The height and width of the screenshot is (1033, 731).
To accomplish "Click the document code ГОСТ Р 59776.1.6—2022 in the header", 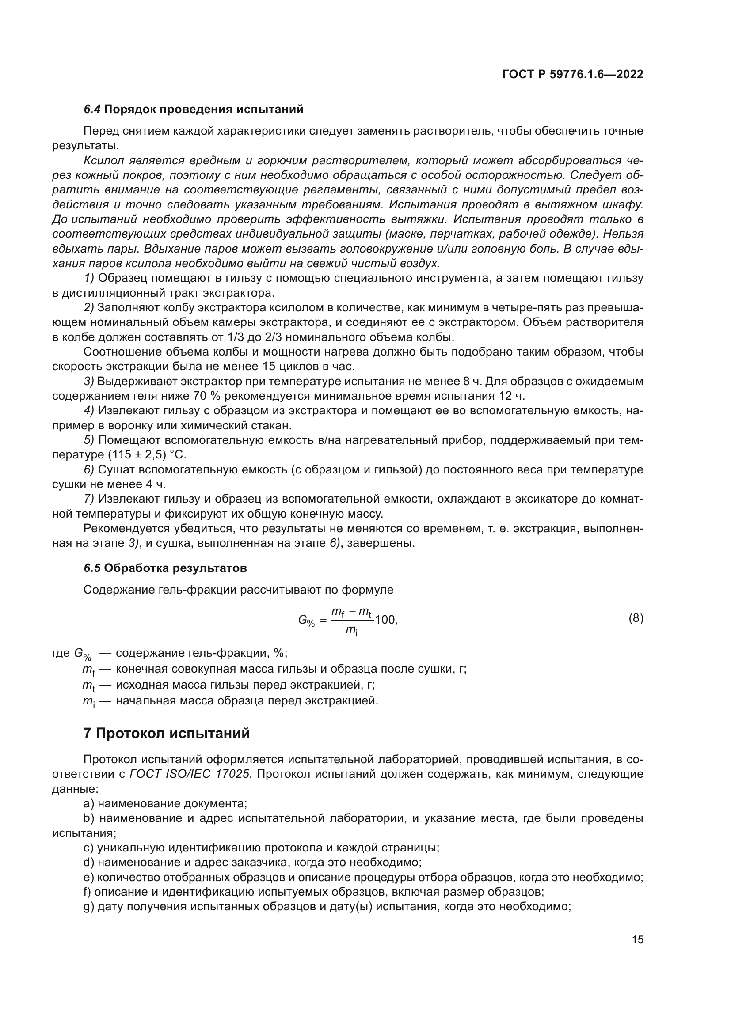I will [x=572, y=74].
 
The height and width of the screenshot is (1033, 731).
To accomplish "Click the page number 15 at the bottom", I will [x=637, y=939].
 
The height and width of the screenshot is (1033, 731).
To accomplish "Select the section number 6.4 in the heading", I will [x=92, y=110].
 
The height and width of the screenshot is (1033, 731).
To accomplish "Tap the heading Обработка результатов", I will [x=175, y=568].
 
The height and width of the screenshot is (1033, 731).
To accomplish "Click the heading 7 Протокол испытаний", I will [x=167, y=734].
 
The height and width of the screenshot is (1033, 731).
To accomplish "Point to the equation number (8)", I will [x=636, y=618].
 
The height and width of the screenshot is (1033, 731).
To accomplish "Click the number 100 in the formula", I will [x=385, y=620].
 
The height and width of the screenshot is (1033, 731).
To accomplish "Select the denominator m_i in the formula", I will [x=351, y=630].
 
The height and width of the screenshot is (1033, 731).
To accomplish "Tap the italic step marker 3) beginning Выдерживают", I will [x=89, y=382].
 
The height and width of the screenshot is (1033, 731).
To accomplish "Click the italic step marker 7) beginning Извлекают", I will [x=89, y=499].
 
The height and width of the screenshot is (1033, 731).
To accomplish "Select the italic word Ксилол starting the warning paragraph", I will [x=103, y=161].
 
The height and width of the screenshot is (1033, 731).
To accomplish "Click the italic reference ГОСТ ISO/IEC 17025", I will [x=189, y=774].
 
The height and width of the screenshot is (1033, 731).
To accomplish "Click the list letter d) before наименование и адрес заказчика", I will [x=89, y=863].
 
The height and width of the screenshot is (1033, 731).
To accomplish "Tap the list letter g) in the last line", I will [x=89, y=907].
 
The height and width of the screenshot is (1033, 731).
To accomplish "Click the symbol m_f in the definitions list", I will [x=88, y=670].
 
